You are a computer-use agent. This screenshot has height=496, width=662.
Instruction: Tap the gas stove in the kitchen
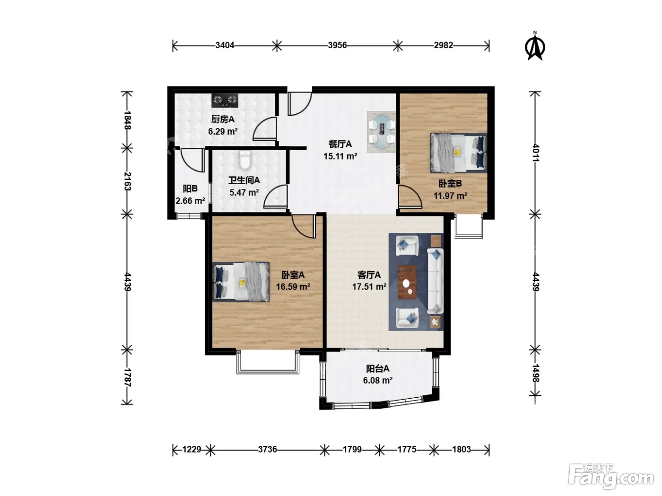pyautogui.click(x=225, y=101)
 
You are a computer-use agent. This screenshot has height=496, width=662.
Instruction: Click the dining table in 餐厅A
pyautogui.click(x=382, y=132)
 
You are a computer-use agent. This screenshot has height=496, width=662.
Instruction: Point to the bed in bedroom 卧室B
pyautogui.click(x=458, y=153)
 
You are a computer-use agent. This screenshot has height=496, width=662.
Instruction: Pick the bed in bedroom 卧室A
pyautogui.click(x=241, y=282)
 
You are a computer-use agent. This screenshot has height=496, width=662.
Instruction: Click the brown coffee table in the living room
pyautogui.click(x=408, y=282)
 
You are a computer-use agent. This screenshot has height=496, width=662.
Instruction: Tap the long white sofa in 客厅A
pyautogui.click(x=435, y=281)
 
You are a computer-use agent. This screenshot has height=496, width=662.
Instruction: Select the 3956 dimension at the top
pyautogui.click(x=337, y=45)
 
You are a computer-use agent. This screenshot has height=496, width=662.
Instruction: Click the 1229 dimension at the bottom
pyautogui.click(x=192, y=449)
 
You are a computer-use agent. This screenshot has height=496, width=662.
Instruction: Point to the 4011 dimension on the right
pyautogui.click(x=535, y=153)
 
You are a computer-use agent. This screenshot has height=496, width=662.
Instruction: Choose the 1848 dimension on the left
pyautogui.click(x=127, y=120)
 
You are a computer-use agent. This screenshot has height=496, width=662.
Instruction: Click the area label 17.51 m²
pyautogui.click(x=369, y=286)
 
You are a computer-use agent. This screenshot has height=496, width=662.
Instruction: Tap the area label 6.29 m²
pyautogui.click(x=223, y=131)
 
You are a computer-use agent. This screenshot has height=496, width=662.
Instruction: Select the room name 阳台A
pyautogui.click(x=378, y=368)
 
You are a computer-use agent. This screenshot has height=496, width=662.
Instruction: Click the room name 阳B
pyautogui.click(x=190, y=188)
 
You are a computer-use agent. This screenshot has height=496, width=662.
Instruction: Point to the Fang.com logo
pyautogui.click(x=611, y=477)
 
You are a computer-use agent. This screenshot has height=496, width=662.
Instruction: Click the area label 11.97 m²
pyautogui.click(x=450, y=196)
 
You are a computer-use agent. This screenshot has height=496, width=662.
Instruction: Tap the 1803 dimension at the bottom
pyautogui.click(x=462, y=449)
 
